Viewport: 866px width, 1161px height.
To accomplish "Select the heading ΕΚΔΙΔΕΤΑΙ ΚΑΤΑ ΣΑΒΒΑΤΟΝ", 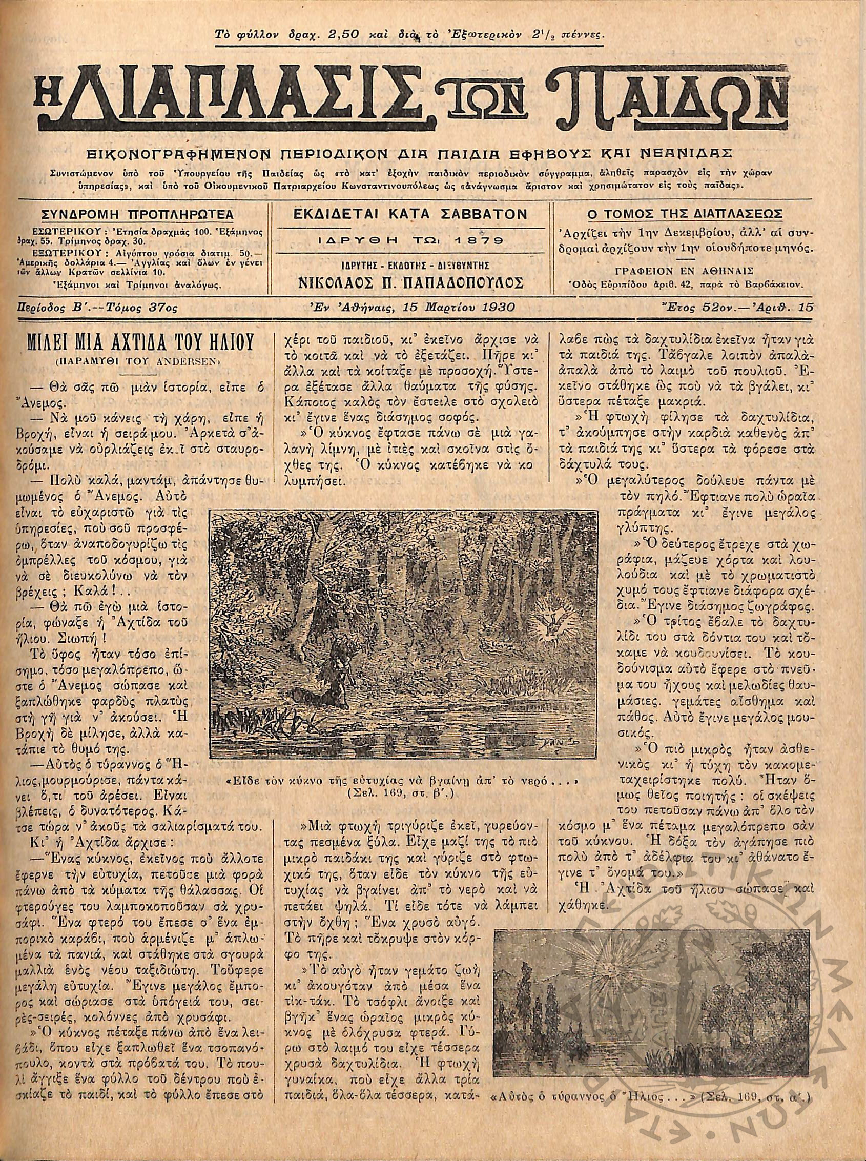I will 410,214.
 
